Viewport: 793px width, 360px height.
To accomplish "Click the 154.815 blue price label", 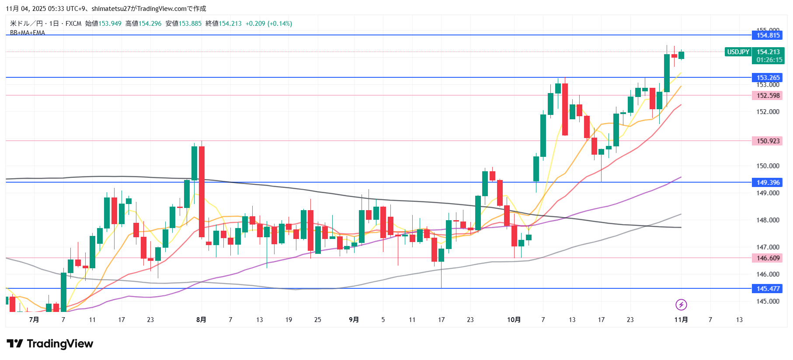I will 768,35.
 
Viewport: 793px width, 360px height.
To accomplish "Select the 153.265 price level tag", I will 768,78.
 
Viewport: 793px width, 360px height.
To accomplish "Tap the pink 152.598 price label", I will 768,96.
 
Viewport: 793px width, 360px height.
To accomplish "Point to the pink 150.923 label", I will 768,141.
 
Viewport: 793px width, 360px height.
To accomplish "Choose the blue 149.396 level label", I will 768,183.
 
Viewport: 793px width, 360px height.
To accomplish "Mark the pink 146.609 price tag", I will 768,258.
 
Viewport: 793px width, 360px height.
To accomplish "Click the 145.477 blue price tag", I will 768,289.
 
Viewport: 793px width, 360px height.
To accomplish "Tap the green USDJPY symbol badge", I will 738,52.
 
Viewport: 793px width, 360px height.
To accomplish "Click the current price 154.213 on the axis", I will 768,52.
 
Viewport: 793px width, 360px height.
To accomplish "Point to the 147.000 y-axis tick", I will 768,247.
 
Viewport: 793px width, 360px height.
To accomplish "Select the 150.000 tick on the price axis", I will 768,166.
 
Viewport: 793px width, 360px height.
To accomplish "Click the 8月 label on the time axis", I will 201,320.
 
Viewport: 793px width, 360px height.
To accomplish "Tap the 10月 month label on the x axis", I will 514,320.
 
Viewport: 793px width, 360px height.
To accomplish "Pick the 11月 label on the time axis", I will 681,320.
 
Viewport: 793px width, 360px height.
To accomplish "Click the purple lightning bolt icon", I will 681,305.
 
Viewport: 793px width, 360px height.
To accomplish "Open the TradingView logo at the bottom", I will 50,344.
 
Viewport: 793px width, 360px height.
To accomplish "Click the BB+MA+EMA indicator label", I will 28,33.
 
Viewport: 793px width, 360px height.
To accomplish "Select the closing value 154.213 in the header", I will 230,24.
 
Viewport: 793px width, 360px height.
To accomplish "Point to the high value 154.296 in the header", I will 150,24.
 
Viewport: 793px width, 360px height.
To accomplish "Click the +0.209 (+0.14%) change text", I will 268,24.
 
